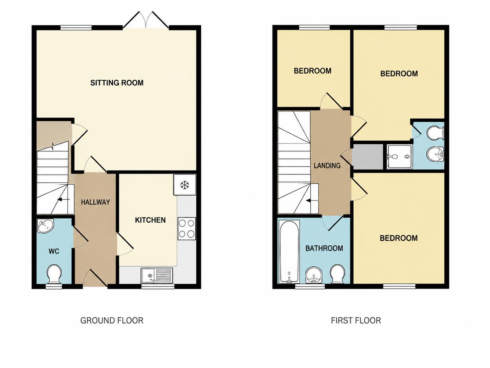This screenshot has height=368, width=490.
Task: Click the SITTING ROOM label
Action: click(117, 83)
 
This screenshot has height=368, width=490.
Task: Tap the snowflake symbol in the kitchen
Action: click(185, 185)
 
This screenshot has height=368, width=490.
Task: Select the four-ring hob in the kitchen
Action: click(186, 229)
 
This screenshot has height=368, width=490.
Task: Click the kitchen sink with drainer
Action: click(157, 275)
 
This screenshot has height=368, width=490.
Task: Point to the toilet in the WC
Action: click(54, 274)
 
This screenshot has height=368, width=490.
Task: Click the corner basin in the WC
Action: click(45, 226)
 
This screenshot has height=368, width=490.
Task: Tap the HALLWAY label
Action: click(95, 202)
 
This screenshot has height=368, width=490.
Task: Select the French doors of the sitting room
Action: click(146, 20)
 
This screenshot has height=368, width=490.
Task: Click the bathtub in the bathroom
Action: click(289, 252)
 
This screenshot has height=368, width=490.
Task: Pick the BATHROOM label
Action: click(324, 248)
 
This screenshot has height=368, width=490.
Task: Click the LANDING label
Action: click(327, 166)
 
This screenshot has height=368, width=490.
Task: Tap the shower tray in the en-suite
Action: click(400, 157)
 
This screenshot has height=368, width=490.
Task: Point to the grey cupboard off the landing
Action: click(367, 157)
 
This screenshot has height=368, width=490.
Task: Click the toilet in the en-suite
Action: click(435, 134)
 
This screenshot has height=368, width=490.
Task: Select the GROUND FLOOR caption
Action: click(112, 321)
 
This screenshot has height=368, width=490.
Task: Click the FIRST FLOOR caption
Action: click(356, 321)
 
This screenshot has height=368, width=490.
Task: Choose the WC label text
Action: click(54, 251)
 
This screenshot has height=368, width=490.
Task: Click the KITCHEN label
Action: click(150, 220)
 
